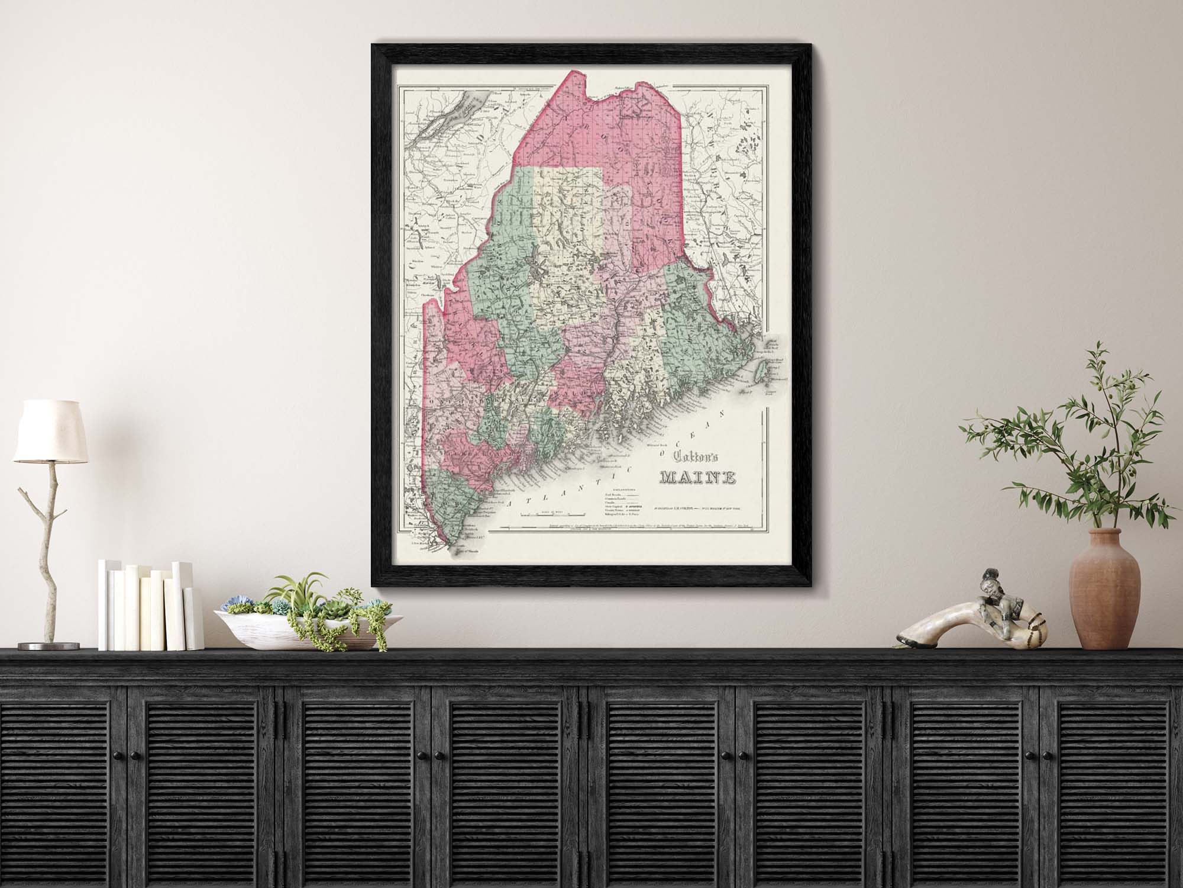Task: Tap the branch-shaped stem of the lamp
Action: [x=44, y=533]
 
